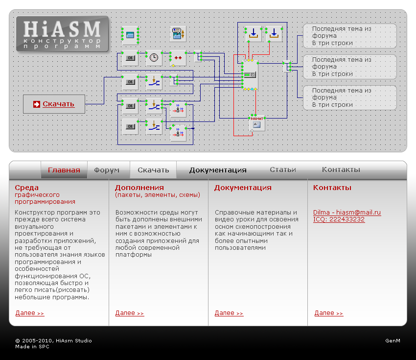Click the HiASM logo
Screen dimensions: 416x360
pyautogui.click(x=62, y=34)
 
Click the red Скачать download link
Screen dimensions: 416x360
pyautogui.click(x=58, y=104)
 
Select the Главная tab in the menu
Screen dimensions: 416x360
pyautogui.click(x=64, y=170)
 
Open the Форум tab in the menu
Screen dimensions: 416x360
pyautogui.click(x=107, y=170)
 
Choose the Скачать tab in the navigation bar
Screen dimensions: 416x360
pyautogui.click(x=153, y=170)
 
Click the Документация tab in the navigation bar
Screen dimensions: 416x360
pyautogui.click(x=218, y=170)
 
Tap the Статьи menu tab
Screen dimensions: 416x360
pyautogui.click(x=283, y=169)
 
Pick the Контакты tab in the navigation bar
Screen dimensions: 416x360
pyautogui.click(x=341, y=169)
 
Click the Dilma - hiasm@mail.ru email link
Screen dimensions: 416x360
pyautogui.click(x=347, y=213)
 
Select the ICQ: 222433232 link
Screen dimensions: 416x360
pyautogui.click(x=339, y=219)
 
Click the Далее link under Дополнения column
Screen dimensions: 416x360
pyautogui.click(x=130, y=313)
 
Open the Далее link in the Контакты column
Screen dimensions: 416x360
pyautogui.click(x=329, y=313)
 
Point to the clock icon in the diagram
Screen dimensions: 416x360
pyautogui.click(x=154, y=57)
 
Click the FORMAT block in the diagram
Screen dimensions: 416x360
pyautogui.click(x=257, y=123)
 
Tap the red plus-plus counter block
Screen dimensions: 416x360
pyautogui.click(x=178, y=58)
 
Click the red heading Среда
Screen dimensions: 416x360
pyautogui.click(x=26, y=188)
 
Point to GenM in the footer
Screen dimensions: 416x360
pyautogui.click(x=393, y=340)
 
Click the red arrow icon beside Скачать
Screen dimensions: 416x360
pyautogui.click(x=37, y=104)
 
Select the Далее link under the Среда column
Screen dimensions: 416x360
pyautogui.click(x=30, y=313)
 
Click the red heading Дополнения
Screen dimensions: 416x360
pyautogui.click(x=139, y=188)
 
